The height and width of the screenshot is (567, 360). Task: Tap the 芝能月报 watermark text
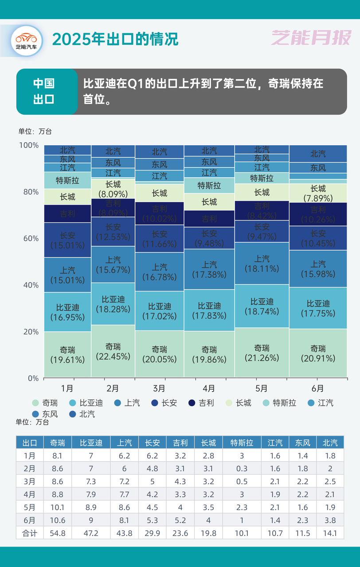click(311, 39)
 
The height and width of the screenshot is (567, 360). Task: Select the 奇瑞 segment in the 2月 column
click(113, 351)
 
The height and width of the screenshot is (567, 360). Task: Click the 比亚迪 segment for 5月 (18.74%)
click(262, 306)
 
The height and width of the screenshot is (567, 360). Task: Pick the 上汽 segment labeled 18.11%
click(262, 263)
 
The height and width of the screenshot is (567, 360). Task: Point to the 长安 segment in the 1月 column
click(68, 240)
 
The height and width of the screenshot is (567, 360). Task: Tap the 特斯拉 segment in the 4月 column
click(209, 185)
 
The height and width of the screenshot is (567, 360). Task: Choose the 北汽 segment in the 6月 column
click(318, 154)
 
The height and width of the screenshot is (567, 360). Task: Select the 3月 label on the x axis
click(159, 388)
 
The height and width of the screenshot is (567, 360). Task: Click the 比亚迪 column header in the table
click(91, 443)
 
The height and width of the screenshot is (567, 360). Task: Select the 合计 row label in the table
click(30, 533)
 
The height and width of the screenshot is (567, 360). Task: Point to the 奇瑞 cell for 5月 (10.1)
click(58, 507)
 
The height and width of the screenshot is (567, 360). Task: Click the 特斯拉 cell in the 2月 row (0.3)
click(242, 469)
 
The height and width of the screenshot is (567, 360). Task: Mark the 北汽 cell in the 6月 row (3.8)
click(330, 520)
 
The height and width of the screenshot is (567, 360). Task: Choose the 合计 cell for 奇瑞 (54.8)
click(58, 533)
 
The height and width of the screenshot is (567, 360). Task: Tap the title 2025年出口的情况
click(115, 39)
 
